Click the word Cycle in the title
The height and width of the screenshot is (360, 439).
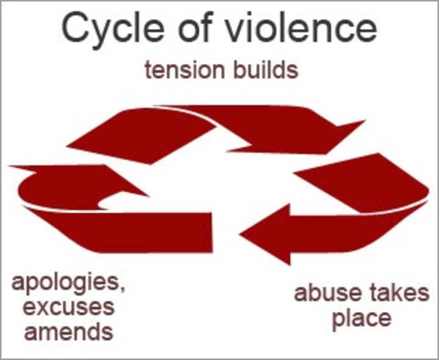tap(115, 30)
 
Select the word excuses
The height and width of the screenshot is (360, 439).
tap(62, 307)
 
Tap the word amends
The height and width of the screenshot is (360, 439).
tap(62, 332)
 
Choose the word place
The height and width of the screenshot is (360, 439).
tap(361, 318)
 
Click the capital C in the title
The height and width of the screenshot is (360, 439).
tap(76, 29)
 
